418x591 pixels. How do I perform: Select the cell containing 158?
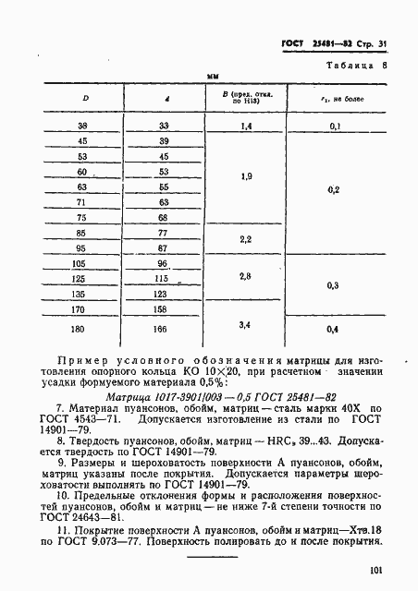click(x=164, y=309)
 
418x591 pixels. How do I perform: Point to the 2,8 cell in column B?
click(x=245, y=276)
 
